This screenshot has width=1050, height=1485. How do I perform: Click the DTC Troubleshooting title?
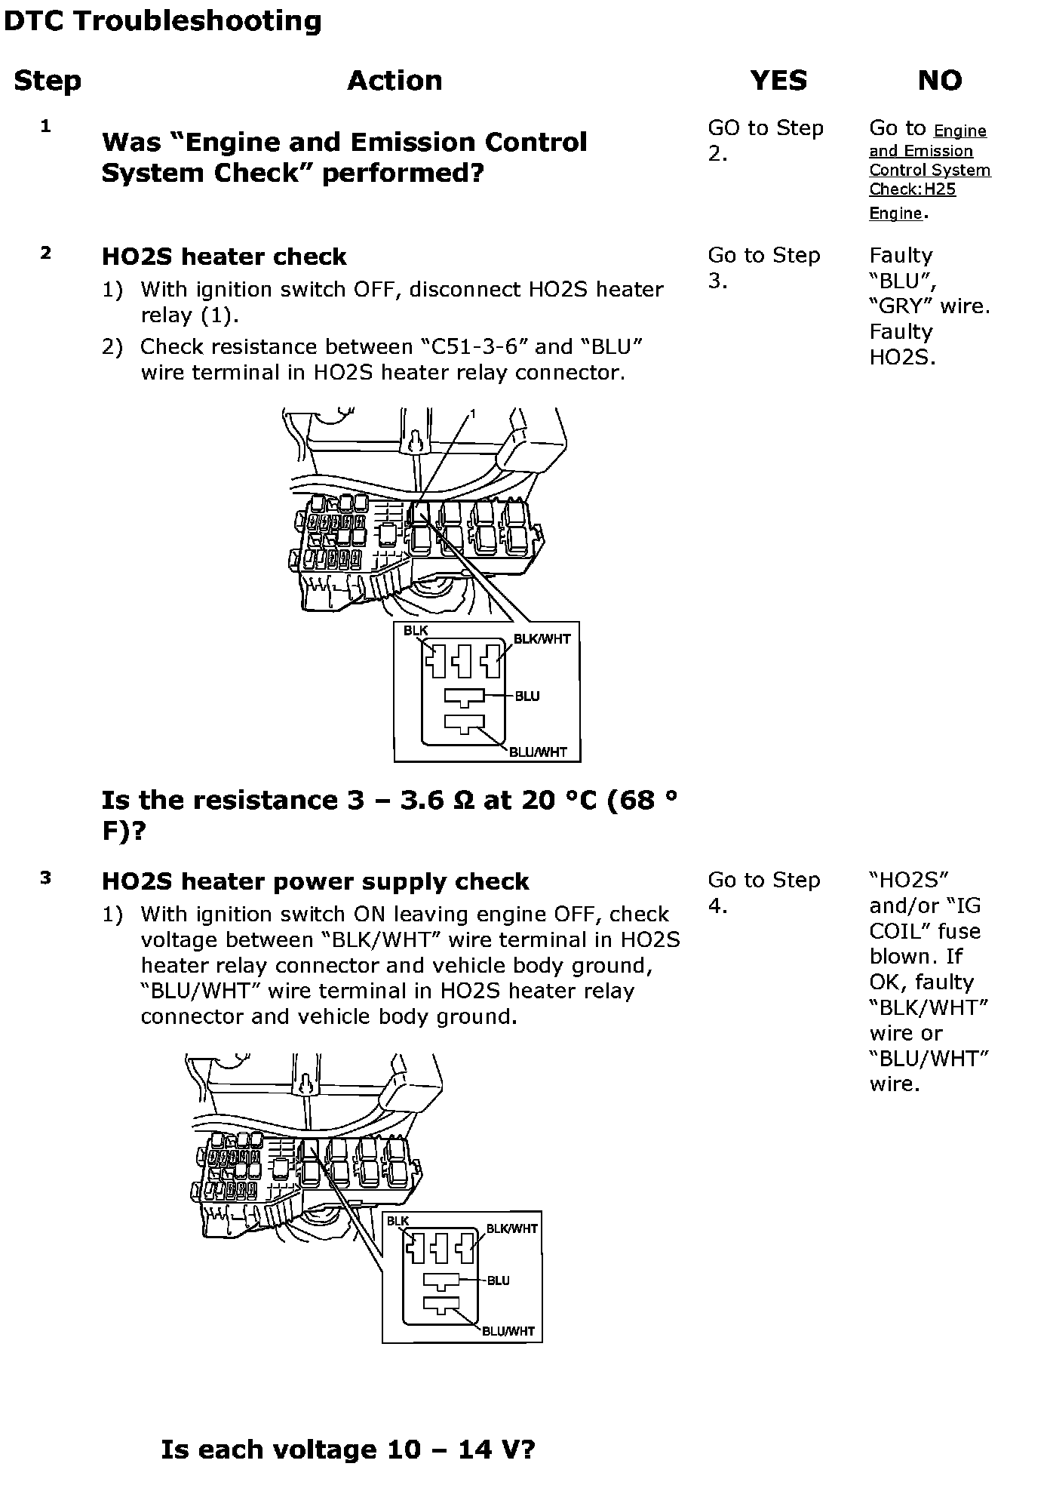(x=162, y=21)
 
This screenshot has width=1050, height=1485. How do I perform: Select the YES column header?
(x=778, y=80)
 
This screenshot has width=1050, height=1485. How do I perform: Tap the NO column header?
(x=940, y=80)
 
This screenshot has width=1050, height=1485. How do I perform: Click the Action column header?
(x=395, y=80)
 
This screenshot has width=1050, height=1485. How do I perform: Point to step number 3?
(x=46, y=878)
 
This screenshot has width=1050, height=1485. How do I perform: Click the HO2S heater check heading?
(x=224, y=257)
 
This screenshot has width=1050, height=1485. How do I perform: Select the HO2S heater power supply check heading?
(x=315, y=881)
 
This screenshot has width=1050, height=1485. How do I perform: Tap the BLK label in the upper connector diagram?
(x=416, y=631)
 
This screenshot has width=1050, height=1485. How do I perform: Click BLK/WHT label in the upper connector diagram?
(x=542, y=639)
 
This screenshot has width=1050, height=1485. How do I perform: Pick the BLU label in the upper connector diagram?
(x=527, y=696)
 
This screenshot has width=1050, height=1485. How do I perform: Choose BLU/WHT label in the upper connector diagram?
(x=538, y=752)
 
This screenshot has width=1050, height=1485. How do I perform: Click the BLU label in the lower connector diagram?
(x=499, y=1281)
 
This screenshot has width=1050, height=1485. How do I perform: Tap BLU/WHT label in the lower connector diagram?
(x=508, y=1331)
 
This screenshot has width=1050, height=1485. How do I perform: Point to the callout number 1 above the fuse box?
(x=473, y=414)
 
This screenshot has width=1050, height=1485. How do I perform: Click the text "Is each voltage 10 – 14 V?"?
(x=348, y=1450)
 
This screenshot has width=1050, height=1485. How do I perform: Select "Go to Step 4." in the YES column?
(x=763, y=893)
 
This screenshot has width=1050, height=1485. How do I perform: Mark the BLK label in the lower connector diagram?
(x=398, y=1221)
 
